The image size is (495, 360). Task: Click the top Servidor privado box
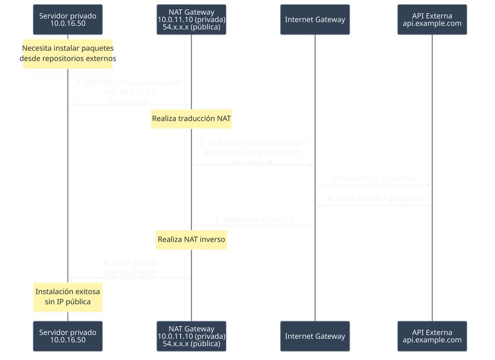point(68,19)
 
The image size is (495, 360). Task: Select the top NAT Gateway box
point(191,19)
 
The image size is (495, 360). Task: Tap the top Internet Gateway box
point(315,19)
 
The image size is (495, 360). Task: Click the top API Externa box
point(432,19)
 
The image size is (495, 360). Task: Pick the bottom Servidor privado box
point(68,336)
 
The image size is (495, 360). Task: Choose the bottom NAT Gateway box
point(191,336)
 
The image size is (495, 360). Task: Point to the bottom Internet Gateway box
point(315,336)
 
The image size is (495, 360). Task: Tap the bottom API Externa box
point(432,336)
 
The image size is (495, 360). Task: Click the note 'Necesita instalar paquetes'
point(68,53)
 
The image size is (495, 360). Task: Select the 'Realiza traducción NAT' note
point(191,117)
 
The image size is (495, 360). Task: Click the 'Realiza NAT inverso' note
point(191,239)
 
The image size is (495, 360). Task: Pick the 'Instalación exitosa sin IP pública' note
point(68,297)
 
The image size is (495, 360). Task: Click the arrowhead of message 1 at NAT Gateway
point(188,104)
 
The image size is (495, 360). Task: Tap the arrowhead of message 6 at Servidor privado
point(71,277)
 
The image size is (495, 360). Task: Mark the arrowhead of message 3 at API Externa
point(429,185)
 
